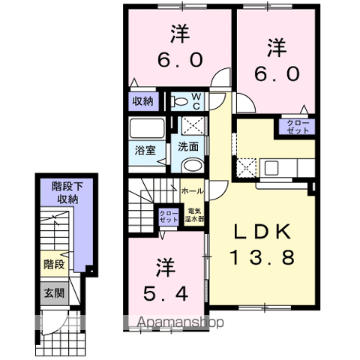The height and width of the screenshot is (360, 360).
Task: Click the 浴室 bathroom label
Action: (x=143, y=148)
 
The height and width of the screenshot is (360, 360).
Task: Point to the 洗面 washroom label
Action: (x=188, y=147)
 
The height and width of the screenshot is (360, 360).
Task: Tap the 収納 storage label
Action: (x=144, y=100)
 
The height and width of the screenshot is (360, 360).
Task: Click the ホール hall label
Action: (x=190, y=191)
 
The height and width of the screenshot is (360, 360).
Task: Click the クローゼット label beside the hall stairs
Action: (x=169, y=217)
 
